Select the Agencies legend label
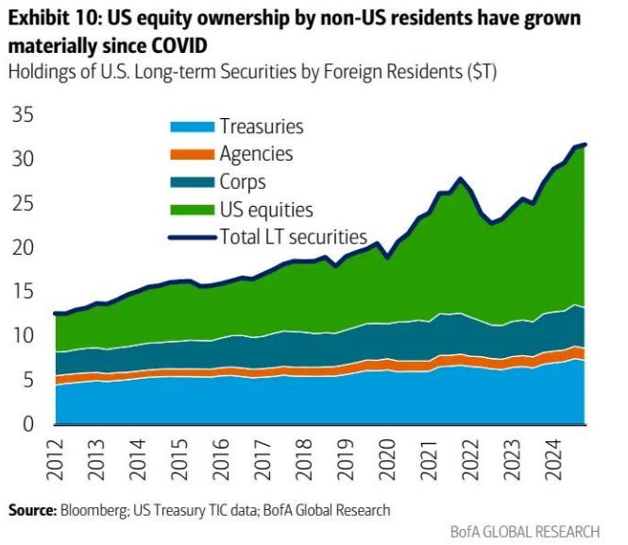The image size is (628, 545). pyautogui.click(x=256, y=153)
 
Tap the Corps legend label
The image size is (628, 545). pyautogui.click(x=242, y=181)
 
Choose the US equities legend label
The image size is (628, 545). pyautogui.click(x=265, y=209)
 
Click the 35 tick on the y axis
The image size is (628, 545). pyautogui.click(x=22, y=115)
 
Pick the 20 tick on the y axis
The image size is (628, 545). pyautogui.click(x=22, y=247)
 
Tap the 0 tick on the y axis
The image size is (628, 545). pyautogui.click(x=27, y=424)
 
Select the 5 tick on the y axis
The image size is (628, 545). pyautogui.click(x=27, y=380)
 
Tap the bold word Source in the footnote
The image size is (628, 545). pyautogui.click(x=31, y=510)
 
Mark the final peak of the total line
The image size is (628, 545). pyautogui.click(x=586, y=145)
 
